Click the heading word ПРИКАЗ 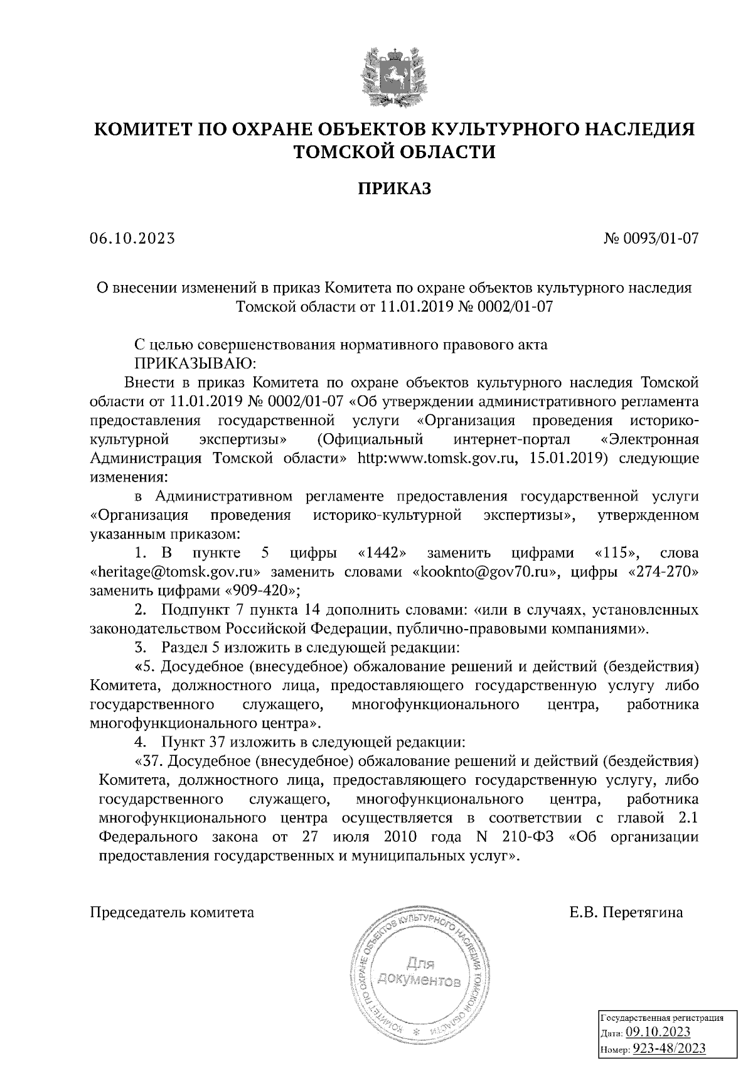point(395,188)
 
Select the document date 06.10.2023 point(132,239)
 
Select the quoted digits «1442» point(382,553)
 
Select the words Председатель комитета point(173,913)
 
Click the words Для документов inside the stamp point(419,972)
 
